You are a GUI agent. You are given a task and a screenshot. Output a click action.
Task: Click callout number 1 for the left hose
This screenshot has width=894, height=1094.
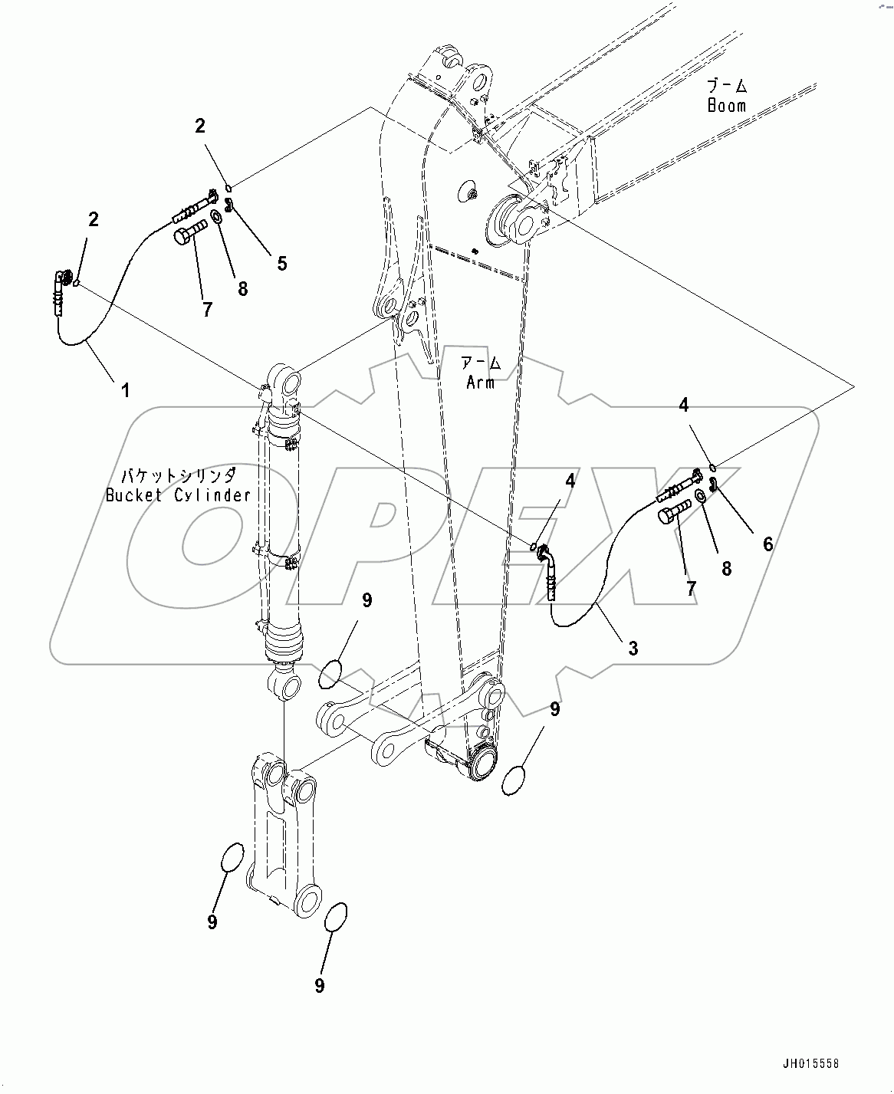[124, 390]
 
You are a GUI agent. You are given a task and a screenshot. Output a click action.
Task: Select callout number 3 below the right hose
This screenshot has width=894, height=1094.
[633, 648]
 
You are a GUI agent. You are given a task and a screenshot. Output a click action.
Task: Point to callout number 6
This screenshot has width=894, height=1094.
[767, 544]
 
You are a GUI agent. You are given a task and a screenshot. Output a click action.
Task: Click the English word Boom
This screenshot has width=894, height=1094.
[726, 105]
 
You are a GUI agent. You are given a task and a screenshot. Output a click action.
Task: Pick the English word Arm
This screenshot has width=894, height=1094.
[481, 382]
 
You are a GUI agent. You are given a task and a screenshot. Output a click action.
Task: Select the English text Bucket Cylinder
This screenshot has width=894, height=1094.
[178, 495]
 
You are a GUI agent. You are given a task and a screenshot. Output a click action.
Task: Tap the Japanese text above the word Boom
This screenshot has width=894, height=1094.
[726, 85]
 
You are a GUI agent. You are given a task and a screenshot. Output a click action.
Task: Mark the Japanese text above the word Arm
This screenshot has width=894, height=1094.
[481, 362]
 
